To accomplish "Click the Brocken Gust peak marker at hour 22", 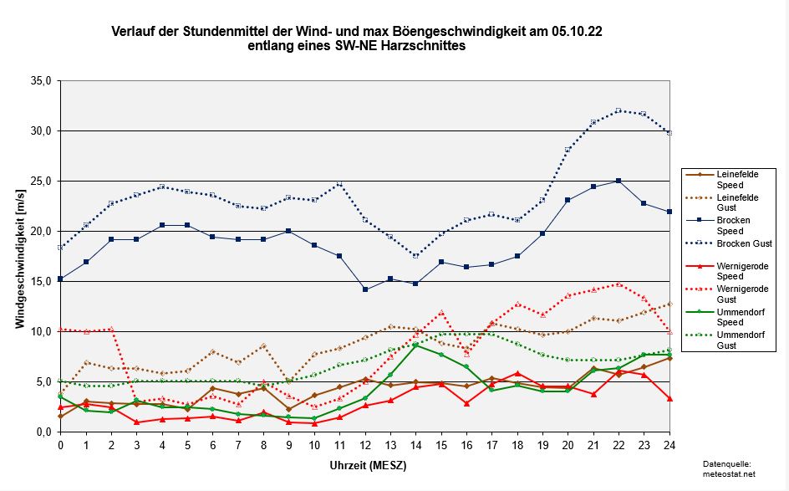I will point(618,110).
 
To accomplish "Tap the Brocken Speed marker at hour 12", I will point(365,289).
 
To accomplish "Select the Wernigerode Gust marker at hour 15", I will point(441,312).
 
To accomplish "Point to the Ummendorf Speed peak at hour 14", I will point(415,345).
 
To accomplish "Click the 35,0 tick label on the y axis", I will point(41,81).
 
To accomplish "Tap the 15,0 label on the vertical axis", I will point(41,282).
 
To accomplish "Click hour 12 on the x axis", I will point(365,445).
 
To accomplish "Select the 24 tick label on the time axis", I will point(669,445).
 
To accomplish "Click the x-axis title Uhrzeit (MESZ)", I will point(364,464).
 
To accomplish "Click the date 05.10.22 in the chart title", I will point(578,32).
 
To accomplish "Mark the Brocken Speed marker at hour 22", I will point(618,181).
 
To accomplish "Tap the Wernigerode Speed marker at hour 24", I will point(669,398).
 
